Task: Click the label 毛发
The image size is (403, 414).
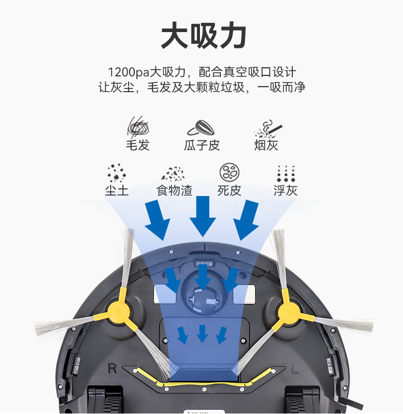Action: click(137, 145)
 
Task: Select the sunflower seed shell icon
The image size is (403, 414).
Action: click(201, 127)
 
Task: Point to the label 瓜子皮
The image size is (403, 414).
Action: click(202, 145)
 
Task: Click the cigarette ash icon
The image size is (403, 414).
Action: click(267, 129)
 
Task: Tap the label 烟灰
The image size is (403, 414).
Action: click(266, 145)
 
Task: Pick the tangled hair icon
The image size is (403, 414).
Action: click(137, 127)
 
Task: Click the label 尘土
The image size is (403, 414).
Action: click(117, 190)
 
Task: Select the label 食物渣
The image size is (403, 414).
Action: click(174, 190)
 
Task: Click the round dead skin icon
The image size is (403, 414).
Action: click(229, 173)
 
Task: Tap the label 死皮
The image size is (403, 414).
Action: click(229, 190)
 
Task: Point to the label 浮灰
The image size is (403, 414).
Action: click(285, 190)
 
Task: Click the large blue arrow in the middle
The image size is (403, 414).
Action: click(203, 215)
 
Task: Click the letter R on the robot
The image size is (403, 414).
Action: click(113, 367)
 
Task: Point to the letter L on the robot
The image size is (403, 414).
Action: click(294, 367)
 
